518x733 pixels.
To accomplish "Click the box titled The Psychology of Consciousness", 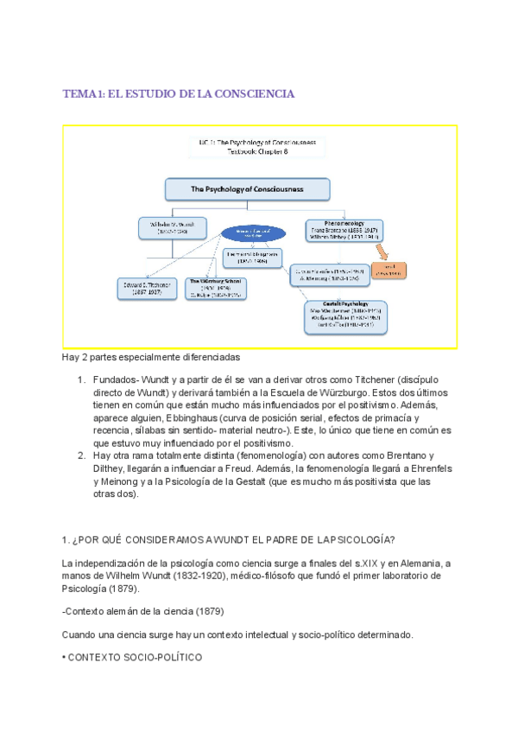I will (247, 188).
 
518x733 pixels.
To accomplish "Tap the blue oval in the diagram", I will (254, 233).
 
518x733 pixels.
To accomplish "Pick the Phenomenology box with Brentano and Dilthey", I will (344, 230).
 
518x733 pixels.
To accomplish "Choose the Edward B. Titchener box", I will (145, 288).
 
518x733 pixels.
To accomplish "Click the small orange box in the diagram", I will (389, 270).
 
